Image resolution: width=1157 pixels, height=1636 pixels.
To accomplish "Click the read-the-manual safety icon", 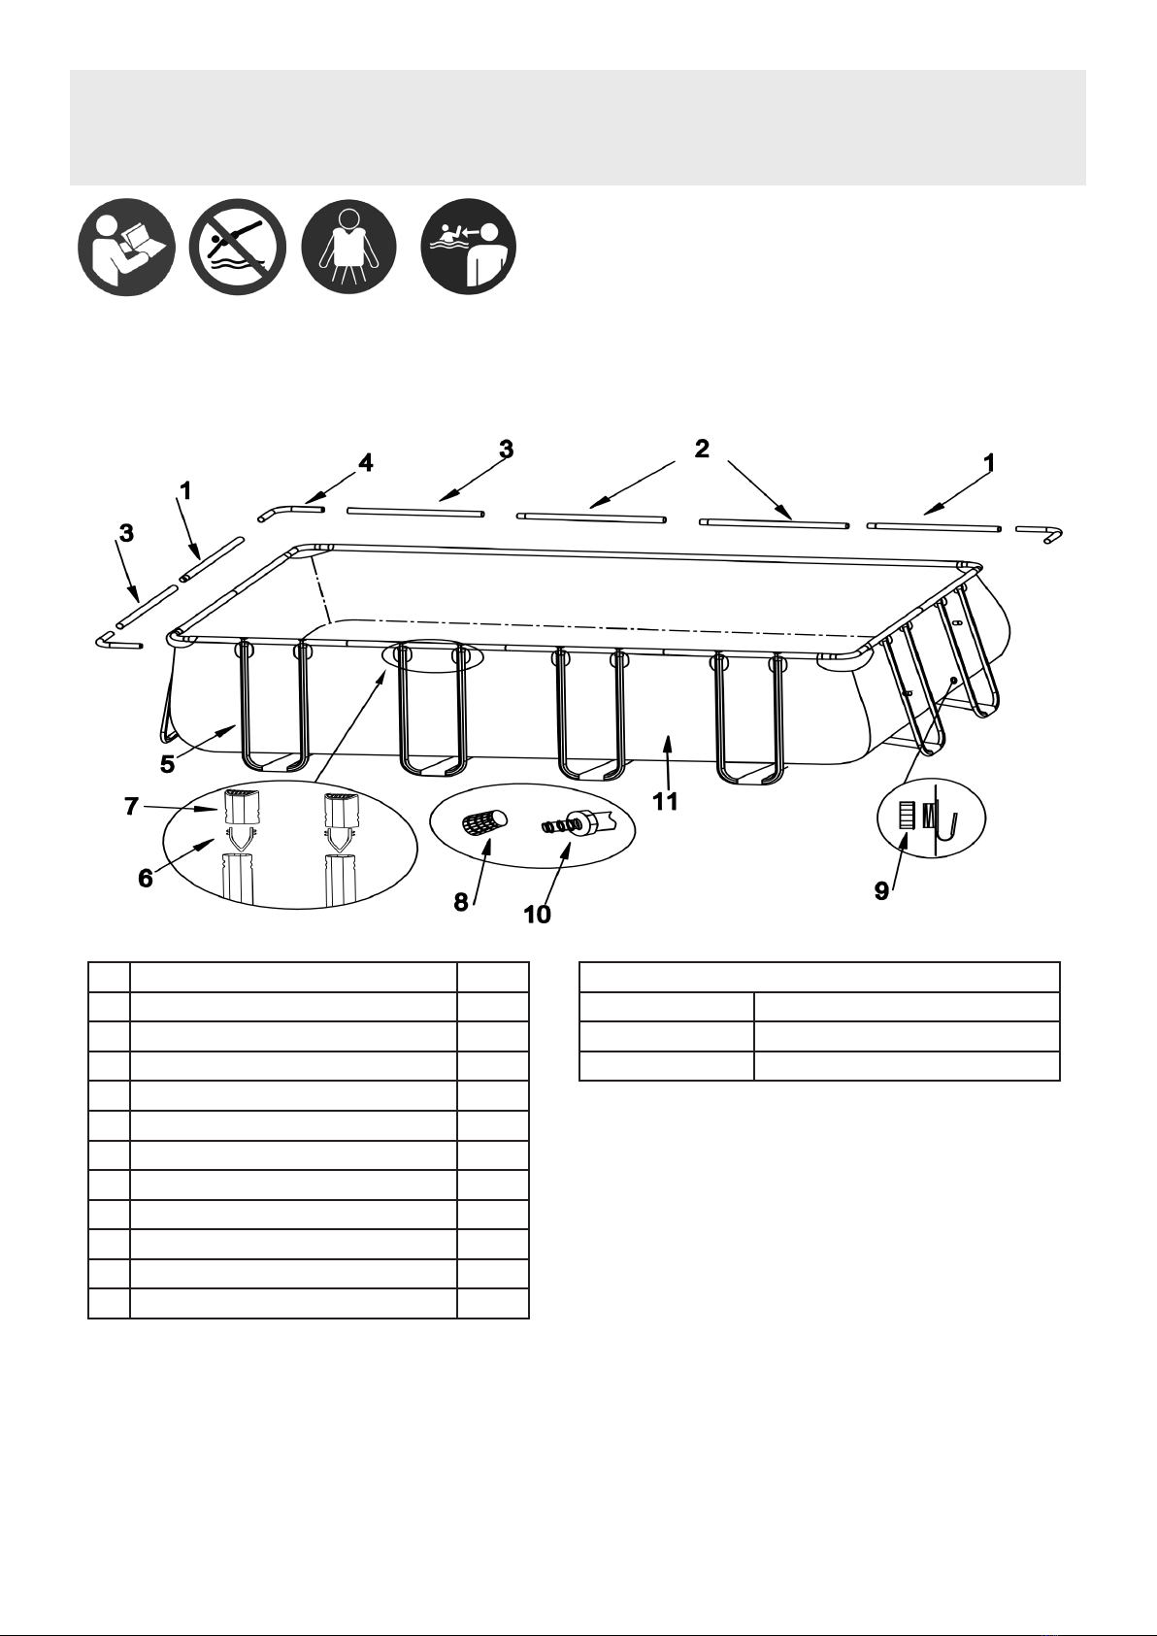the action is tap(126, 247).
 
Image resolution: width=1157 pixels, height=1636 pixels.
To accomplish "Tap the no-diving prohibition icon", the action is tap(237, 247).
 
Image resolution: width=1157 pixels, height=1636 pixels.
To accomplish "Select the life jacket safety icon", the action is tap(348, 247).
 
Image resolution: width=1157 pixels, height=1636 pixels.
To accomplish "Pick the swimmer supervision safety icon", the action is tap(469, 247).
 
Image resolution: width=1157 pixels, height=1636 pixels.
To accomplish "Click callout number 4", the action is tap(365, 462).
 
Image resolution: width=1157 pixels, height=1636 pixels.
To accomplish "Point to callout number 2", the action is tap(702, 449).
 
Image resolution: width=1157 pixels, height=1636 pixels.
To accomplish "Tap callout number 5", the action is tap(168, 764).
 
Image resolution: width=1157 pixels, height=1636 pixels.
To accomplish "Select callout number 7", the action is tap(131, 806).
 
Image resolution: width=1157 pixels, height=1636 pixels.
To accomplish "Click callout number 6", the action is tap(146, 878).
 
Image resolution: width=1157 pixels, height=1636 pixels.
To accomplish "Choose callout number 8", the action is tap(461, 903).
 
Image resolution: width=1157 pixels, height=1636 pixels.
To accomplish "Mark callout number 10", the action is tap(538, 915).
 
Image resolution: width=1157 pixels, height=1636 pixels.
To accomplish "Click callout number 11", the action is tap(664, 801).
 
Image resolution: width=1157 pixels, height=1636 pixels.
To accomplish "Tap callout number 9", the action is tap(881, 891).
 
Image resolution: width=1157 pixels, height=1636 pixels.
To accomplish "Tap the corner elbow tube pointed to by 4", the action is tap(290, 512).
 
